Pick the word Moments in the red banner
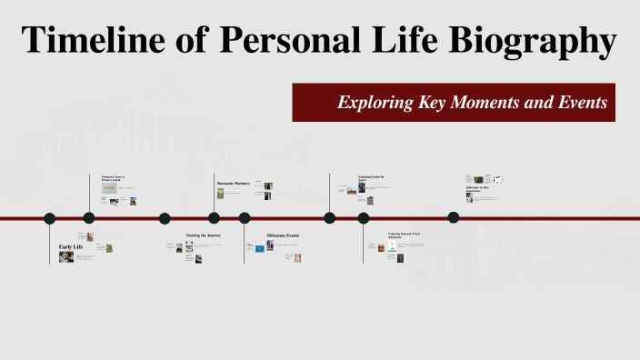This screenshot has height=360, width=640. [494, 103]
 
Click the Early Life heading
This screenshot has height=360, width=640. [72, 247]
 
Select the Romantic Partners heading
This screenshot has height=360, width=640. [233, 184]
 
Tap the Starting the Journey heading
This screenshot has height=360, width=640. [204, 235]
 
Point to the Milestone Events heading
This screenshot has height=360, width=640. [283, 235]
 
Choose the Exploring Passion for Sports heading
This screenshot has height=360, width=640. [371, 178]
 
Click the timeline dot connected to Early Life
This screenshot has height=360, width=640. [50, 218]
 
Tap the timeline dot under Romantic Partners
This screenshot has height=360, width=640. [214, 218]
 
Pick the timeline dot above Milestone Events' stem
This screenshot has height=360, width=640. [245, 218]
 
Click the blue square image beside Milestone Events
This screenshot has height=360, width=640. [259, 248]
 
